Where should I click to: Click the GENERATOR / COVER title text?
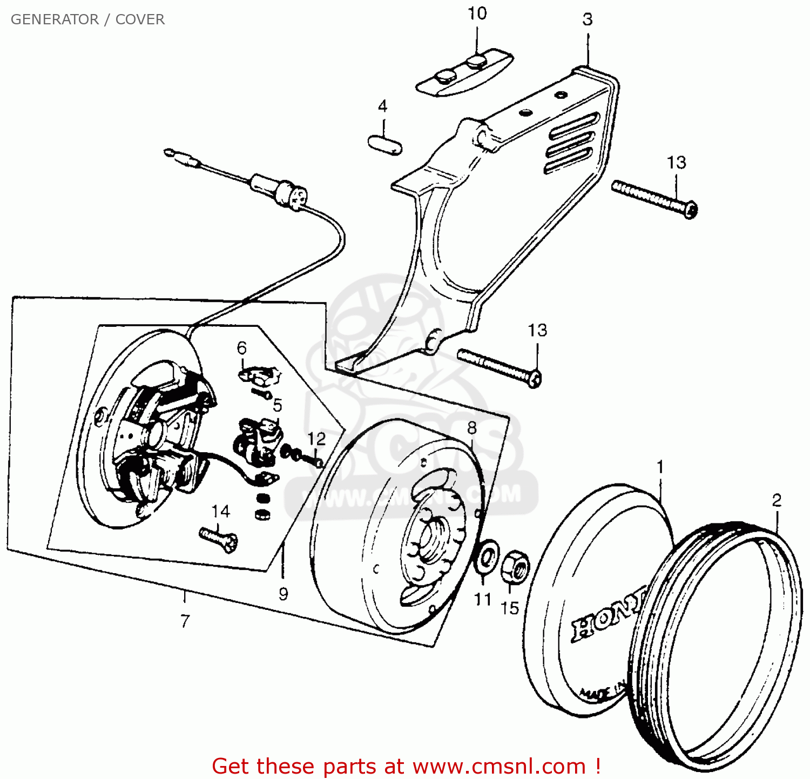[x=87, y=19]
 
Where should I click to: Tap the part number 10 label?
[x=477, y=14]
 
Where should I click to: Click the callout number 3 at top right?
[x=588, y=20]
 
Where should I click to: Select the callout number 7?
[x=185, y=621]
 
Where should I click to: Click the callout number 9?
[x=283, y=594]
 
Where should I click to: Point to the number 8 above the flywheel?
[x=472, y=428]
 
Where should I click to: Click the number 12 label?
[x=317, y=439]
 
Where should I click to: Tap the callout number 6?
[x=242, y=348]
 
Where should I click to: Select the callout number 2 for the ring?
[x=777, y=501]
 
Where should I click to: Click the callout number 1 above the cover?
[x=659, y=467]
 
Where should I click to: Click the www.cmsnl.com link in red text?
[x=500, y=767]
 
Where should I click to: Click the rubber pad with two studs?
[x=464, y=74]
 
